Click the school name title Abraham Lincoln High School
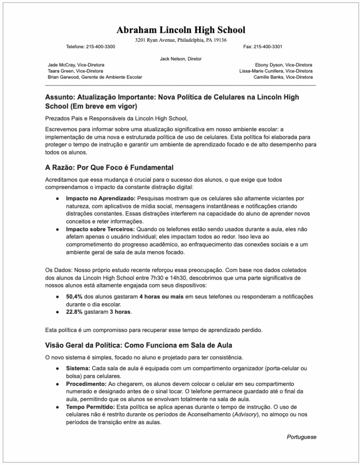click(180, 30)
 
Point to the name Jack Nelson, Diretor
click(180, 59)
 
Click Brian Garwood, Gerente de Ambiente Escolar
click(95, 77)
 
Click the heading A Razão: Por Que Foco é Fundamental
click(109, 168)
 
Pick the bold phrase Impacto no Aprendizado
click(100, 198)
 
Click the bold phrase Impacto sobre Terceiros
click(100, 229)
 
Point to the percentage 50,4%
click(74, 297)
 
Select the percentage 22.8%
click(74, 312)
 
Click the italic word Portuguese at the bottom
click(301, 437)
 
